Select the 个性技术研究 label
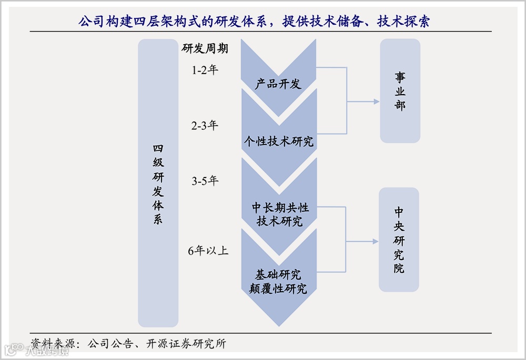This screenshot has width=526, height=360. pyautogui.click(x=278, y=141)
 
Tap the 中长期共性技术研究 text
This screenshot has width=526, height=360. pyautogui.click(x=279, y=214)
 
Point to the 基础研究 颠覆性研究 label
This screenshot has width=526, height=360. pyautogui.click(x=279, y=282)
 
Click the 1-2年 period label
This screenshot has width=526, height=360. pyautogui.click(x=205, y=70)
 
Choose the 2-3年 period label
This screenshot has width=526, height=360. pyautogui.click(x=205, y=126)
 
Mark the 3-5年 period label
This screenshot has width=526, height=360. pyautogui.click(x=205, y=181)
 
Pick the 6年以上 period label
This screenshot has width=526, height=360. pyautogui.click(x=208, y=251)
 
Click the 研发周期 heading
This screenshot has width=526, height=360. pyautogui.click(x=205, y=49)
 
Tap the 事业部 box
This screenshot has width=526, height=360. pyautogui.click(x=400, y=91)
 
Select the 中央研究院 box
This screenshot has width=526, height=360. pyautogui.click(x=399, y=240)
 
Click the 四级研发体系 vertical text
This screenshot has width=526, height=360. pyautogui.click(x=158, y=184)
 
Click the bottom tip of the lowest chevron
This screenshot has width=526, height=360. pyautogui.click(x=279, y=325)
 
